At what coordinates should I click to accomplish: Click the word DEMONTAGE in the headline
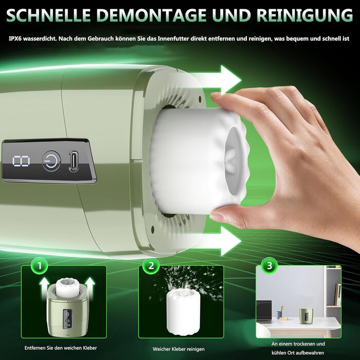coord(150,15)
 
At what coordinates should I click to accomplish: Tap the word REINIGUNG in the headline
coord(304,15)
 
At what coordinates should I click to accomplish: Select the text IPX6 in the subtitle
coord(15,39)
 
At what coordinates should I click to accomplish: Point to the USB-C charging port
coord(74,161)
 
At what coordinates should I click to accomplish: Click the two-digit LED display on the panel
coord(21,161)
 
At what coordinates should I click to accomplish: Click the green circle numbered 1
coord(40,266)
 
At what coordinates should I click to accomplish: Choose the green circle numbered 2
coord(151,266)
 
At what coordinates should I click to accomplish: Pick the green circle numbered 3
coord(269,266)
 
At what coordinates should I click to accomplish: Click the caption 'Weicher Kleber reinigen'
coord(178,349)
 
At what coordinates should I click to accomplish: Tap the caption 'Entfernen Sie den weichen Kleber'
coord(61,348)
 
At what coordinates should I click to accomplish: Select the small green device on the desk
coord(306,315)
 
